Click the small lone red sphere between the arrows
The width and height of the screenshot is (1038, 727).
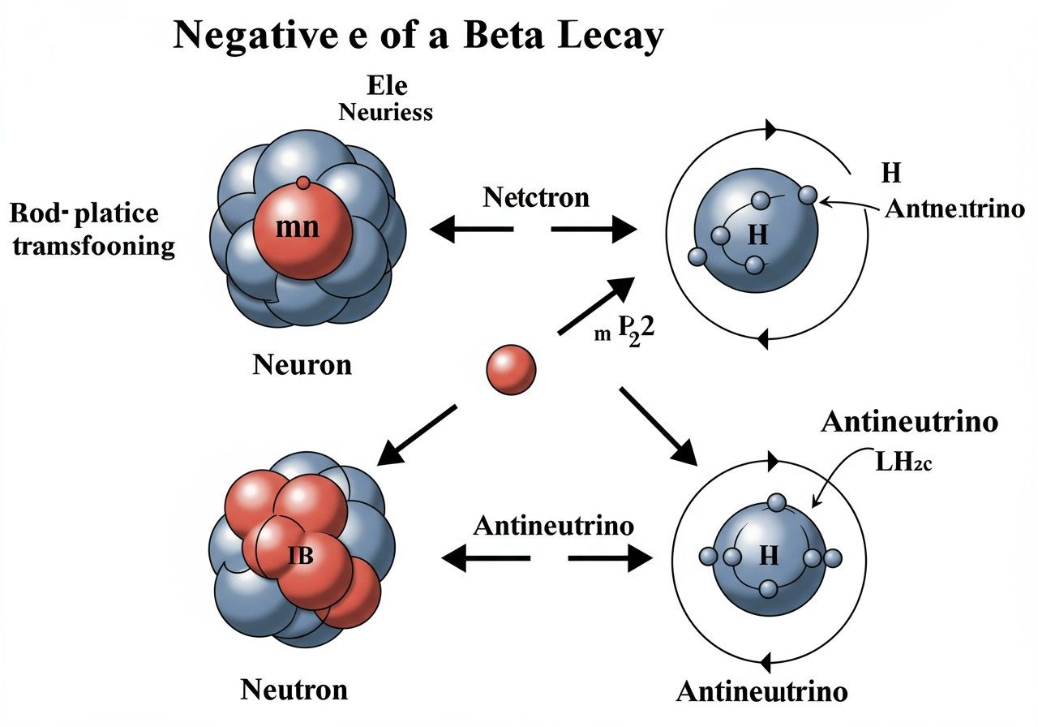511,370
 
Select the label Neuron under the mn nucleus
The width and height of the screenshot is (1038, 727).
302,364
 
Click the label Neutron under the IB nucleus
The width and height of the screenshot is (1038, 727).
294,690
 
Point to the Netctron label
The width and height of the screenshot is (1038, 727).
536,197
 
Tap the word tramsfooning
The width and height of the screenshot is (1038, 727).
94,246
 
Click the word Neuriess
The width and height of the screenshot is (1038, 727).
386,112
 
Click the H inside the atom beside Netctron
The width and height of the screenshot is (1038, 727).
757,234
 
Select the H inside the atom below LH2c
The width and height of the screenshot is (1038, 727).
768,557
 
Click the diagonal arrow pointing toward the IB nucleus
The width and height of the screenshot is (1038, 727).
417,436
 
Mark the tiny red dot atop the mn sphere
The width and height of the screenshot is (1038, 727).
303,183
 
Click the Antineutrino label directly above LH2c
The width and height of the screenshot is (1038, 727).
909,422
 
